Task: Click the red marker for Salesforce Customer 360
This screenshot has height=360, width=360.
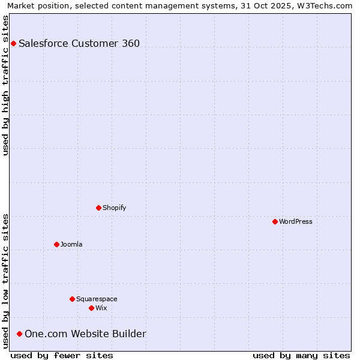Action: [13, 43]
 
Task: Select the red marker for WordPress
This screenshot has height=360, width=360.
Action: [275, 221]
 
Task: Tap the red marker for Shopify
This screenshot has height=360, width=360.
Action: [98, 208]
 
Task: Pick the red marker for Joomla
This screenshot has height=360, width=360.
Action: [56, 244]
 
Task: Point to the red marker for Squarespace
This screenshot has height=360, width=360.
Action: [72, 299]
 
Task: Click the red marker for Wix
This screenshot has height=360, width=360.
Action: [91, 308]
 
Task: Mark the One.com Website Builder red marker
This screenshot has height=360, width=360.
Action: [19, 334]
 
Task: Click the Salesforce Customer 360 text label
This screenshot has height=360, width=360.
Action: [79, 43]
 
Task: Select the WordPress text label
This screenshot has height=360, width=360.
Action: [296, 221]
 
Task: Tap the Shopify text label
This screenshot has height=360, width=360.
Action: [114, 208]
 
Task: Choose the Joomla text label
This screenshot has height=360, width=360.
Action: [71, 244]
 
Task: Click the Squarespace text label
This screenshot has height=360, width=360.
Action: [97, 299]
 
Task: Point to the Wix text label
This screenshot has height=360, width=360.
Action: [101, 308]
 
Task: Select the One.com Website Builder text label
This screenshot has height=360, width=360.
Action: [85, 334]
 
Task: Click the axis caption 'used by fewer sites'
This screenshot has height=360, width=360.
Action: [62, 355]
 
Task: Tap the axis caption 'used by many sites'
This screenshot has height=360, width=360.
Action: [301, 355]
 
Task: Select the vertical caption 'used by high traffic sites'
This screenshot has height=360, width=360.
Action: [6, 85]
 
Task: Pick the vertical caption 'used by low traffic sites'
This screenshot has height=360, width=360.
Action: [6, 281]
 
